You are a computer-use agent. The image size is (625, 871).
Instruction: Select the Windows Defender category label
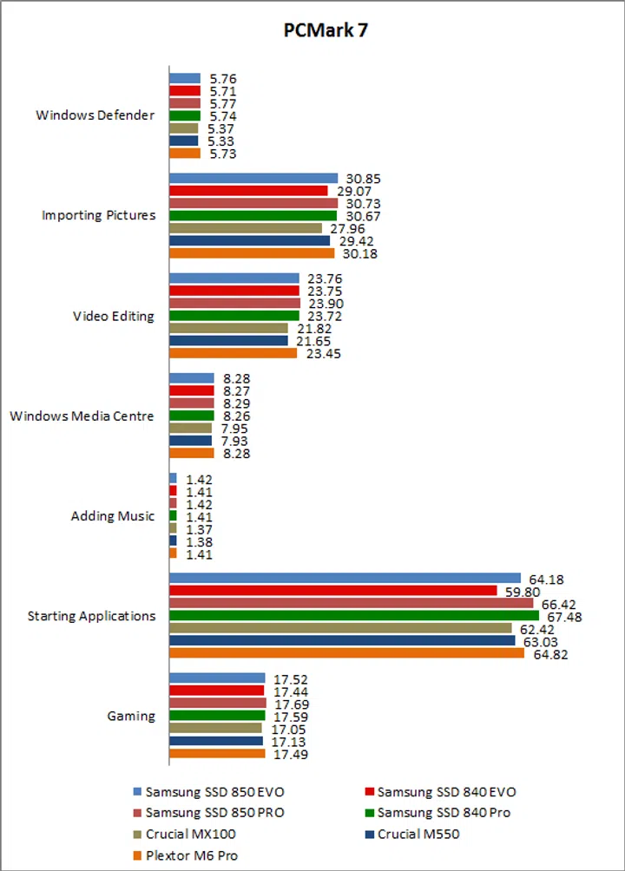(95, 115)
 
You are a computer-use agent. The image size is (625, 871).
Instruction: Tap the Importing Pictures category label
(99, 215)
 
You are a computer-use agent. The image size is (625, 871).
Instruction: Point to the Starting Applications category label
(91, 616)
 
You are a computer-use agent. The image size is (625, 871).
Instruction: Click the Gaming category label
(131, 716)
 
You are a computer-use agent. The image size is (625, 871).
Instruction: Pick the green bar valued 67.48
(353, 616)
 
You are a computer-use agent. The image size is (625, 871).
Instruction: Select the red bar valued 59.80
(332, 591)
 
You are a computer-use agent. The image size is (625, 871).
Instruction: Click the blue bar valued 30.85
(253, 178)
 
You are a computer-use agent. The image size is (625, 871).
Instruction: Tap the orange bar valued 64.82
(346, 653)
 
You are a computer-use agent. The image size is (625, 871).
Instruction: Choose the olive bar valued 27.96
(246, 228)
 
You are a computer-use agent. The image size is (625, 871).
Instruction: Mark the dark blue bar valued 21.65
(228, 341)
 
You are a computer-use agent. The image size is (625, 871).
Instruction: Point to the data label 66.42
(557, 603)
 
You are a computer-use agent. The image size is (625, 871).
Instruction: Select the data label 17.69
(290, 704)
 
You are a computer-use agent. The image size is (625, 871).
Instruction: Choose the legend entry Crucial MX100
(187, 835)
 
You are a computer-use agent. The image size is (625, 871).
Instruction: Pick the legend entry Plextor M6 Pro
(190, 855)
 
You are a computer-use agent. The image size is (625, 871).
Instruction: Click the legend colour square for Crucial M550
(369, 835)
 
